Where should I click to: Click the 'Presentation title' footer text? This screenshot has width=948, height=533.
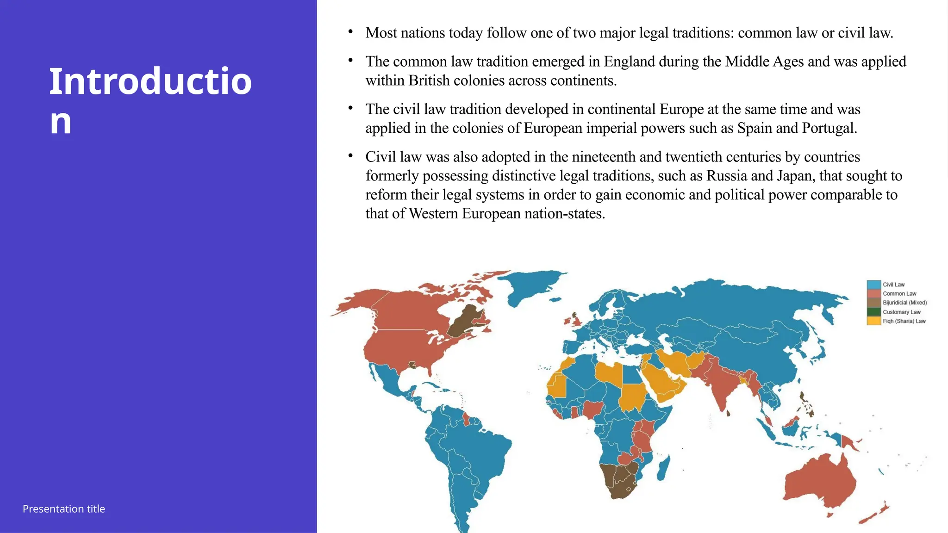tap(64, 509)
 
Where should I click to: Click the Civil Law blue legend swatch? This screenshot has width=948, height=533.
tap(873, 285)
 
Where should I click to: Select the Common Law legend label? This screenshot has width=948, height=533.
tap(899, 294)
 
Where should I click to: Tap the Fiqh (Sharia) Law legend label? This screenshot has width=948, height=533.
tap(904, 321)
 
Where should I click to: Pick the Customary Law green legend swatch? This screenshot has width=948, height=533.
tap(873, 312)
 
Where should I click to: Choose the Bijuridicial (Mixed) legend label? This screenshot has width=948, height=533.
tap(904, 303)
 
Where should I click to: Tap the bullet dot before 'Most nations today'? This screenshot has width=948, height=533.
tap(351, 32)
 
